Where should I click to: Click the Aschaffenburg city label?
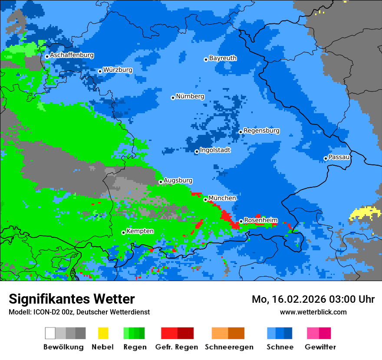click(x=72, y=56)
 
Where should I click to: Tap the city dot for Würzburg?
click(x=100, y=71)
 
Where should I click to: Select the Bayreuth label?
click(x=223, y=58)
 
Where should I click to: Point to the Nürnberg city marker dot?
click(x=173, y=98)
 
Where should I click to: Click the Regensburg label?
click(x=261, y=131)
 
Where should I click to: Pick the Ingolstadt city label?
click(x=215, y=150)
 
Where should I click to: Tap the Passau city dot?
click(x=326, y=158)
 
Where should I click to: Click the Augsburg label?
click(x=178, y=180)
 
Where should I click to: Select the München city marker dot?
click(x=205, y=200)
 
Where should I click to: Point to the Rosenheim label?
click(x=260, y=220)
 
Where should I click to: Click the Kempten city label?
click(x=140, y=231)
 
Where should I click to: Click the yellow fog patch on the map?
click(x=365, y=213)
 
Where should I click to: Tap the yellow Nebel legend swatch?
click(x=103, y=333)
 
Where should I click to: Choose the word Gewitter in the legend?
click(x=320, y=347)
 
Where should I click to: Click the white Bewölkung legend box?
click(x=50, y=333)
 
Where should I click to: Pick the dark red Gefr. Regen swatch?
click(x=186, y=333)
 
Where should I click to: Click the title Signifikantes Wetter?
click(x=72, y=299)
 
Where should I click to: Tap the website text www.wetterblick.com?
click(x=313, y=312)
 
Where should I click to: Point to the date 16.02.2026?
click(x=294, y=299)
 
